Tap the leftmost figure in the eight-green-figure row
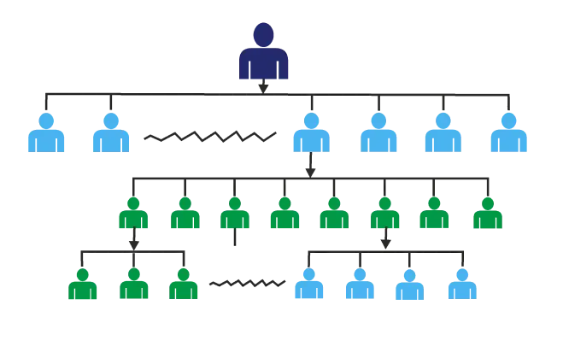(132, 214)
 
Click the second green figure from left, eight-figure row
(184, 214)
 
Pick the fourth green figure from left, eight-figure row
(284, 214)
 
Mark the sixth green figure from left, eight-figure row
(384, 214)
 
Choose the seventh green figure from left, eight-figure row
(435, 214)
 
